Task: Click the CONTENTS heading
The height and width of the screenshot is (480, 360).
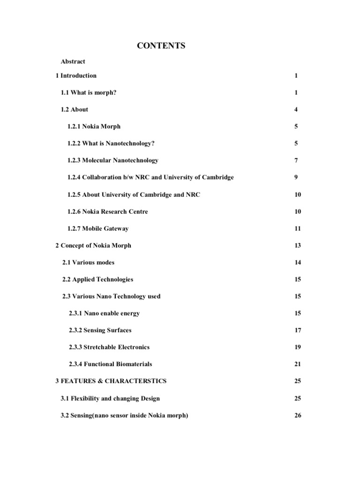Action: pyautogui.click(x=161, y=45)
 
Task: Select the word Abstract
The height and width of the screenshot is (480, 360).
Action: pyautogui.click(x=73, y=61)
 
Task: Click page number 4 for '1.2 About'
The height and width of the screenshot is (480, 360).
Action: pyautogui.click(x=296, y=109)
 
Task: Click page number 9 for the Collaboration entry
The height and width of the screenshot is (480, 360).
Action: pyautogui.click(x=296, y=177)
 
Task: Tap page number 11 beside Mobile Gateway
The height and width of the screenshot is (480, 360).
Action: pyautogui.click(x=298, y=229)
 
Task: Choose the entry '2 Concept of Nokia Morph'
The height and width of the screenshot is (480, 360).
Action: pyautogui.click(x=93, y=246)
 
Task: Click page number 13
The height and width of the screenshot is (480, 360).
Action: pyautogui.click(x=298, y=246)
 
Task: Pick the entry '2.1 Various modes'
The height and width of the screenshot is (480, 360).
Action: pyautogui.click(x=88, y=262)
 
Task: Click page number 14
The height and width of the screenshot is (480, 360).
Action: pyautogui.click(x=298, y=262)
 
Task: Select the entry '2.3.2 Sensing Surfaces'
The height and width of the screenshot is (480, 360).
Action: pyautogui.click(x=100, y=330)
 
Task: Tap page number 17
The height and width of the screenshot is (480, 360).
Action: pyautogui.click(x=298, y=330)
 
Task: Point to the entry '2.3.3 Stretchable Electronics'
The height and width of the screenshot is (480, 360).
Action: pyautogui.click(x=109, y=347)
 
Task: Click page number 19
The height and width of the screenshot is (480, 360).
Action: pyautogui.click(x=298, y=347)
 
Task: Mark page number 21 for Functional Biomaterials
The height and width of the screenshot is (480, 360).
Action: pyautogui.click(x=298, y=364)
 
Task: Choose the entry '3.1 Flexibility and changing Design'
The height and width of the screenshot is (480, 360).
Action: pyautogui.click(x=110, y=398)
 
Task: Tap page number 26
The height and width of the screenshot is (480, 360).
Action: pyautogui.click(x=298, y=415)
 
